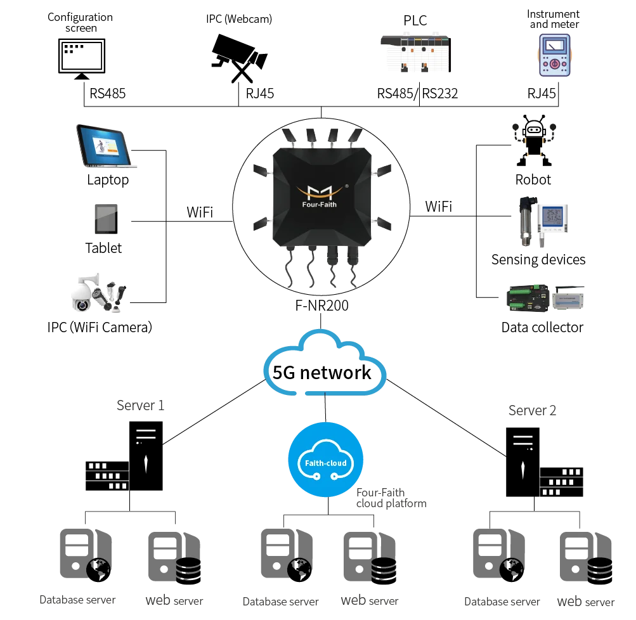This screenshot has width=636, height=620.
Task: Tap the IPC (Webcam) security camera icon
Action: [239, 58]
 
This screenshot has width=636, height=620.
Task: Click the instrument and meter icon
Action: [554, 55]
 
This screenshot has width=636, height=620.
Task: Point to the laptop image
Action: [107, 146]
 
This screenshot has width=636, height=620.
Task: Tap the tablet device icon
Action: [107, 219]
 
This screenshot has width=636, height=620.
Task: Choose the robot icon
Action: [534, 140]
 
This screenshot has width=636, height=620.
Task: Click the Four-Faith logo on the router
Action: [320, 196]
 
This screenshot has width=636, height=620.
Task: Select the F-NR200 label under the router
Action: [321, 306]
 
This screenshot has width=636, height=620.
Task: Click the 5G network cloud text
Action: [321, 372]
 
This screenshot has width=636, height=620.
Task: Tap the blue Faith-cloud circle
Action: [326, 460]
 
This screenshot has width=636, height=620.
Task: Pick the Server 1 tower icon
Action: [146, 456]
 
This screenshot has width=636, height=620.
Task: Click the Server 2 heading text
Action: [532, 410]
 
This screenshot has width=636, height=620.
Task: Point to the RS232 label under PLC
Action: [439, 94]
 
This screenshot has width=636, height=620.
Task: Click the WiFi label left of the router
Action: [200, 212]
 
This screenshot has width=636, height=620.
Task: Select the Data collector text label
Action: [542, 327]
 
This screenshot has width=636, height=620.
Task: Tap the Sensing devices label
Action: [538, 259]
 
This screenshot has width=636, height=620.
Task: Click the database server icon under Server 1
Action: [86, 555]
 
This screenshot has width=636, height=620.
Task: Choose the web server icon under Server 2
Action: [586, 558]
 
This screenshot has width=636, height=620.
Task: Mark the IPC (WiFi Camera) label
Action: [100, 327]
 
